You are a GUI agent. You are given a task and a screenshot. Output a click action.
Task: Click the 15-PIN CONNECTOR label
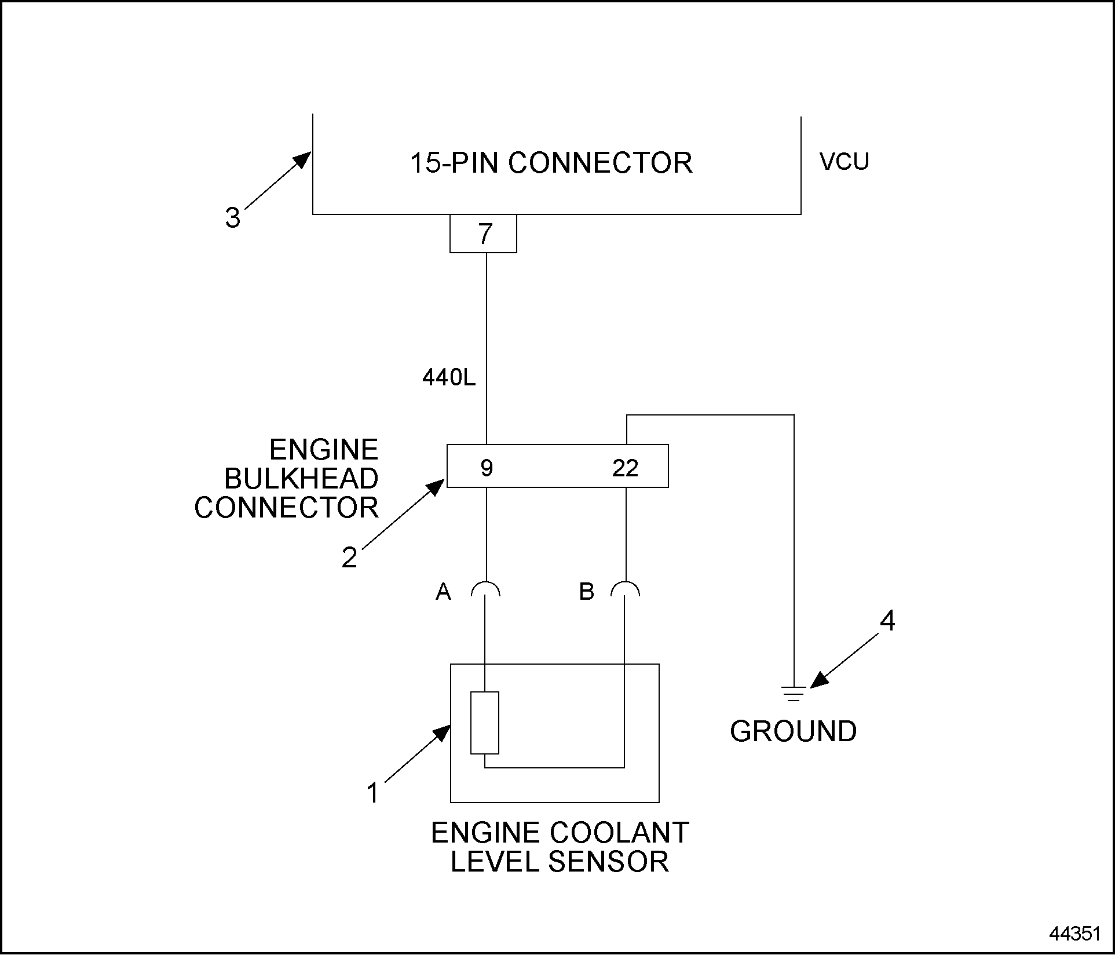(551, 163)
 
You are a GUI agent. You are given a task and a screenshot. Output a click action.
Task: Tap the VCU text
(844, 162)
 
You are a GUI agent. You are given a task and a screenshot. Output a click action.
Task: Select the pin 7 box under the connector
(483, 234)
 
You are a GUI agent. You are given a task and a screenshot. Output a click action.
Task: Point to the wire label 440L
(448, 378)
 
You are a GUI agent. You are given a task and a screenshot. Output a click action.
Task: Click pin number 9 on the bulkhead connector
(487, 468)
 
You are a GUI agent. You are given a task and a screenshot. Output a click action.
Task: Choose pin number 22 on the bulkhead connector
(625, 468)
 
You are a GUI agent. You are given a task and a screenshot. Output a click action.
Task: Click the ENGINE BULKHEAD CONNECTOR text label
(287, 479)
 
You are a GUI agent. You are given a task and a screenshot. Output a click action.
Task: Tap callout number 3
(232, 218)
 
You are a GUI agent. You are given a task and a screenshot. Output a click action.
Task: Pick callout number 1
(373, 793)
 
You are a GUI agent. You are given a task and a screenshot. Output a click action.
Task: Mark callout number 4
(887, 621)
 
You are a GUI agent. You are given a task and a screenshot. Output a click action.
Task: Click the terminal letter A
(443, 592)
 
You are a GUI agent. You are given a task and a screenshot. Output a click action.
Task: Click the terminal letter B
(586, 592)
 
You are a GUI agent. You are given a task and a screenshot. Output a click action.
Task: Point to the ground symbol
(793, 694)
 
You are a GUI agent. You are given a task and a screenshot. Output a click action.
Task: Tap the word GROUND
(793, 731)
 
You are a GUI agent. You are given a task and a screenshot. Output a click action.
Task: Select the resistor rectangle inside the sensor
(485, 723)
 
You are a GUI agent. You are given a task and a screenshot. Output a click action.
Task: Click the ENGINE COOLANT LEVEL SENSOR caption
(560, 847)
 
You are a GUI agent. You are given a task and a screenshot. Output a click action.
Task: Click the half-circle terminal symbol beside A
(485, 589)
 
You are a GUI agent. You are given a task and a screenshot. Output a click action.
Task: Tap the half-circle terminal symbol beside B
(625, 589)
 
